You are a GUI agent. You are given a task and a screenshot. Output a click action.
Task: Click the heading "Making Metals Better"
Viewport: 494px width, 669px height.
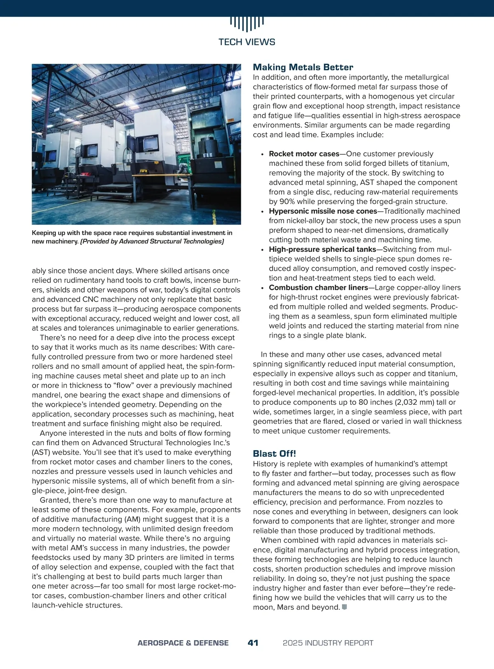pos(303,67)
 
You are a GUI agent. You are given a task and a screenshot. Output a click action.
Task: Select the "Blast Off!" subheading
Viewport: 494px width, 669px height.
pos(274,453)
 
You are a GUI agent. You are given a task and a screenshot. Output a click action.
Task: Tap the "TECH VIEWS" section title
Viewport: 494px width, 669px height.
pos(247,42)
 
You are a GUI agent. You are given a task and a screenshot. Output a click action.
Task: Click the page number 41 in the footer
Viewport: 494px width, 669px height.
pos(253,643)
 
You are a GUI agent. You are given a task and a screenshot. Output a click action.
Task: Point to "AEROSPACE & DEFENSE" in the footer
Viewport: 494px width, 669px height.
pos(183,643)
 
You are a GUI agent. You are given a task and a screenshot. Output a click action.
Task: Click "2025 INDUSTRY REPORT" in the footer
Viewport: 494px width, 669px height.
pos(328,643)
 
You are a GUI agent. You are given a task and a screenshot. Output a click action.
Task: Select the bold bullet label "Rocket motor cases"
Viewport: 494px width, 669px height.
pos(304,154)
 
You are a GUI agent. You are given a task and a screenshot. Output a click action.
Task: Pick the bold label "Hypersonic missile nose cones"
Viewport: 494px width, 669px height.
pos(323,211)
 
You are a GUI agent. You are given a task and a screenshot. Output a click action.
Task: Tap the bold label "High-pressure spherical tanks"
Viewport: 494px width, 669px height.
pos(322,249)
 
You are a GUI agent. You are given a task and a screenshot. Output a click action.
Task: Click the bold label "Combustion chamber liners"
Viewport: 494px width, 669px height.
pos(318,288)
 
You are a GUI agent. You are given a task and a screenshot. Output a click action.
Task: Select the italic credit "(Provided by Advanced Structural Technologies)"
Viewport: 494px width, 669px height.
pos(152,242)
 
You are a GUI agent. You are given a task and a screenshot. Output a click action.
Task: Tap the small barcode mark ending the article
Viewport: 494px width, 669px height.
pos(345,607)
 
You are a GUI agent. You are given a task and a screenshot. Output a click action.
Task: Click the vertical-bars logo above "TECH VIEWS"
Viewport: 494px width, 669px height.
pos(247,24)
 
